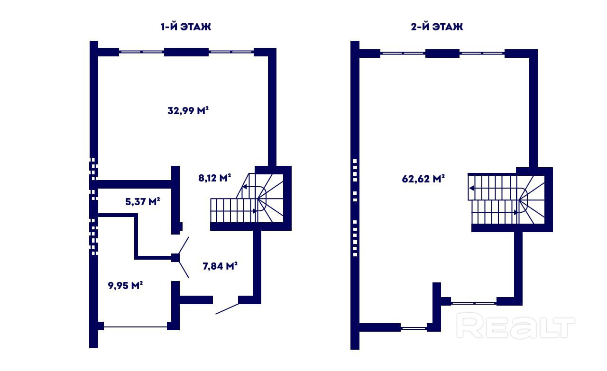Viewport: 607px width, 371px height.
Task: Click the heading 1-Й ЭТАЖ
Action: (x=185, y=27)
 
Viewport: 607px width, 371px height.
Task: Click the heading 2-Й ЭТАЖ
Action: (x=437, y=27)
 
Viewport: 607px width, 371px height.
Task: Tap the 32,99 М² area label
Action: (x=188, y=110)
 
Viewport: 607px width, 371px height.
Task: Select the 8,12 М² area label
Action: (x=215, y=178)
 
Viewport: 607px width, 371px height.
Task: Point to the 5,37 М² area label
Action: (x=143, y=201)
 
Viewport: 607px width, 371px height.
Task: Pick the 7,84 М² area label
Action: (x=220, y=266)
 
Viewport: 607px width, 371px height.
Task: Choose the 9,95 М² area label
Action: (x=125, y=285)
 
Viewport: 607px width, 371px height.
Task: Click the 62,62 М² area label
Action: (x=423, y=179)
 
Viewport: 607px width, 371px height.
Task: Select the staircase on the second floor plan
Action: (x=506, y=199)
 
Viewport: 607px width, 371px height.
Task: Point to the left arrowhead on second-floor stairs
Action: (x=472, y=188)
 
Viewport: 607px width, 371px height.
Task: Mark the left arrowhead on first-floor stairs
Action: (x=244, y=186)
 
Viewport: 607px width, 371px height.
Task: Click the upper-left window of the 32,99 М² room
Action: (x=141, y=52)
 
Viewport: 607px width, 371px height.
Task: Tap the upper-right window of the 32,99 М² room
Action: (x=231, y=52)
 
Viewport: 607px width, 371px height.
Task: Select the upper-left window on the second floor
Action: (x=403, y=53)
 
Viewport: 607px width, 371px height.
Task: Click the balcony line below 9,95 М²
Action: (x=135, y=327)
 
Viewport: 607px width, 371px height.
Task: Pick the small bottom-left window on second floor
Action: (x=414, y=328)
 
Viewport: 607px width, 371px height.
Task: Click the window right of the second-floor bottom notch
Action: (x=474, y=303)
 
